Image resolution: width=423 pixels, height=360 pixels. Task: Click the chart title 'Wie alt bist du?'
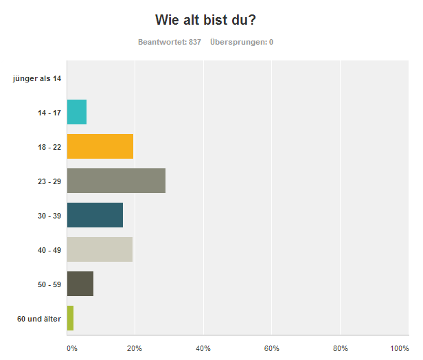click(211, 19)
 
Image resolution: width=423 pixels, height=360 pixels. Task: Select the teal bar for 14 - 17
click(76, 112)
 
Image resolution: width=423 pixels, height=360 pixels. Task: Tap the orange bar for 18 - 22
click(100, 146)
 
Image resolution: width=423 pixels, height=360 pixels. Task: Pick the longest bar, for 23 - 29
click(116, 181)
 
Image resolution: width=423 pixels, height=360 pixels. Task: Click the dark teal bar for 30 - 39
click(95, 215)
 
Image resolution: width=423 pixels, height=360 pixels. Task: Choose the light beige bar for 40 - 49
click(100, 249)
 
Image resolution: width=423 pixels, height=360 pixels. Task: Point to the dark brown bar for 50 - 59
click(80, 284)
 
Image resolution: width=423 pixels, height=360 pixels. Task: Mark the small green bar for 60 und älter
click(70, 318)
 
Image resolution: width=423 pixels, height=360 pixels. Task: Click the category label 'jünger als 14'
click(37, 78)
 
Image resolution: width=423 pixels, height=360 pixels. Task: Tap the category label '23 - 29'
click(49, 181)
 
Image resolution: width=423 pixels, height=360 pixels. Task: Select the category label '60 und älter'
click(39, 319)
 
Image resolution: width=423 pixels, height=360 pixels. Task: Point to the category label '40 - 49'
click(49, 250)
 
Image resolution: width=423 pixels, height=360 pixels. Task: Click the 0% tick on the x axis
click(72, 348)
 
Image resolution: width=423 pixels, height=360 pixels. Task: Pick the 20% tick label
click(135, 348)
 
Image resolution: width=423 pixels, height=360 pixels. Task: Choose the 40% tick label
click(203, 348)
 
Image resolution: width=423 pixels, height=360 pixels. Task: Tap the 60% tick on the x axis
click(272, 348)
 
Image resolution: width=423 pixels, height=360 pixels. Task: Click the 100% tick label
click(400, 348)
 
